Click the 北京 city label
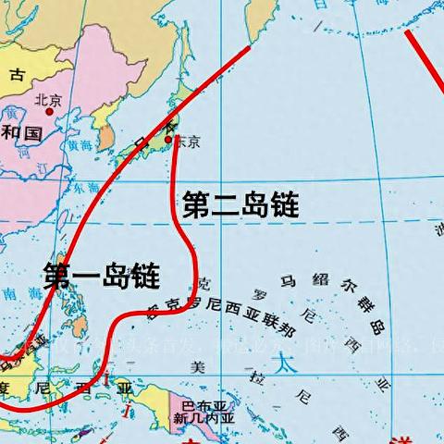point(47,99)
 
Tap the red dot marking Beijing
point(49,111)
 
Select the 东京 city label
point(187,142)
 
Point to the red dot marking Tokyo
point(168,140)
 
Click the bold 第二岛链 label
point(240,205)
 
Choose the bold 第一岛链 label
point(102,275)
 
